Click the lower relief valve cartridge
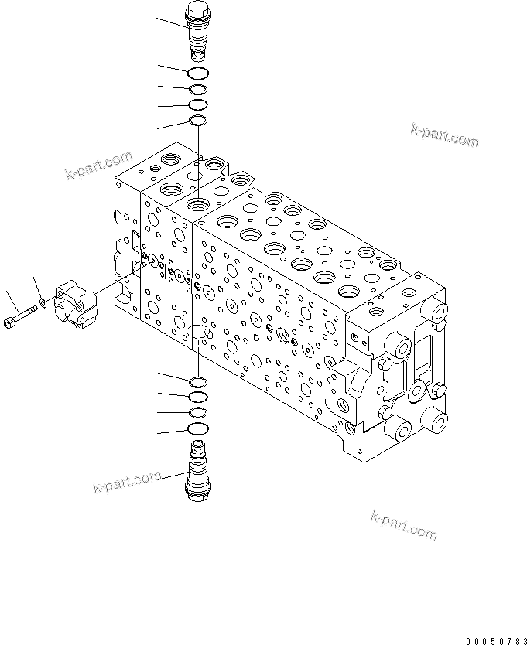coord(199,470)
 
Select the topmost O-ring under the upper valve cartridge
coord(198,73)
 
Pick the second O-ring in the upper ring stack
coord(198,90)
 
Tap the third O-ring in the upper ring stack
coord(198,104)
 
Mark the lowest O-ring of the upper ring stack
coord(198,120)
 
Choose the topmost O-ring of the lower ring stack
coord(198,381)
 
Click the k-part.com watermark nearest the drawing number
coord(404,525)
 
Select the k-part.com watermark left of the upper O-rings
coord(99,166)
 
